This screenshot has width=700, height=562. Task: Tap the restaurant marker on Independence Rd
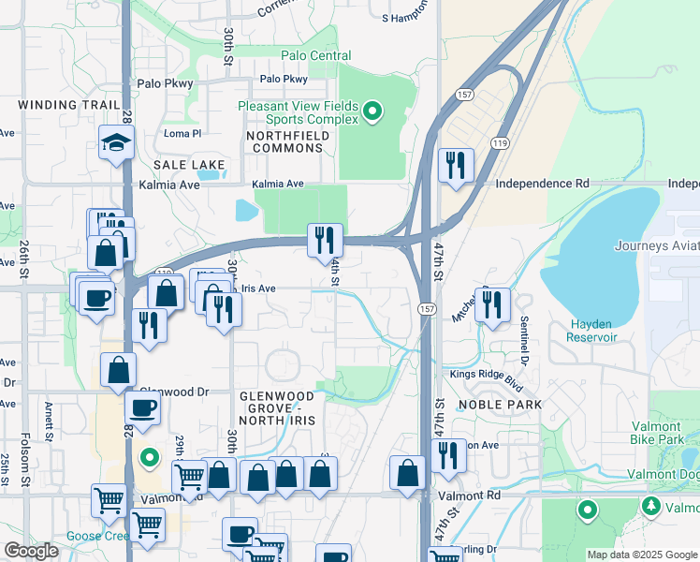456,166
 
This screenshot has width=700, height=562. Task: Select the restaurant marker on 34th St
325,240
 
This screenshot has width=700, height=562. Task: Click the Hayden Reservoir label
592,330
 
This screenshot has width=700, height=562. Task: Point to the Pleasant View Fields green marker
372,113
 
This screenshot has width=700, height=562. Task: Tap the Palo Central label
316,55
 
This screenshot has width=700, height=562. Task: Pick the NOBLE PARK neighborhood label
501,405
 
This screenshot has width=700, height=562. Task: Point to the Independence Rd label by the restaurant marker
542,184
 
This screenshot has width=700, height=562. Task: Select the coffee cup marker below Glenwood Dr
142,408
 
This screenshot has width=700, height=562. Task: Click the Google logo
32,551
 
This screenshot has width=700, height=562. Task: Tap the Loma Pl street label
182,134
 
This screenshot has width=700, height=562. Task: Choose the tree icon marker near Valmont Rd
650,506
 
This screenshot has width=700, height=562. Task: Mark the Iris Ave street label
260,289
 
